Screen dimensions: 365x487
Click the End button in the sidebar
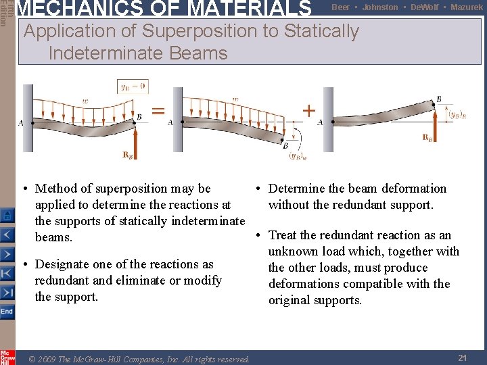pos(7,312)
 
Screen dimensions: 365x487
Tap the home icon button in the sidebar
pos(7,216)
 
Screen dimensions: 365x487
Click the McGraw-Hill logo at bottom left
pos(7,358)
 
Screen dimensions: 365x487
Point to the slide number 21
pos(463,358)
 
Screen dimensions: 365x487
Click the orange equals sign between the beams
pos(158,111)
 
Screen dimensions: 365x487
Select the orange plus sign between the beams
pos(308,110)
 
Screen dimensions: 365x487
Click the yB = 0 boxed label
pos(133,86)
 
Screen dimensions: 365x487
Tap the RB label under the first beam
pos(127,155)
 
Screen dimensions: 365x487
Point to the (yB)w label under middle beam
pos(298,157)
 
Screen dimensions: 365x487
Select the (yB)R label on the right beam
pos(457,114)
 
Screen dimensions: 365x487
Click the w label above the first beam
pos(85,101)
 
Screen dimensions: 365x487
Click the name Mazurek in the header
pos(467,7)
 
